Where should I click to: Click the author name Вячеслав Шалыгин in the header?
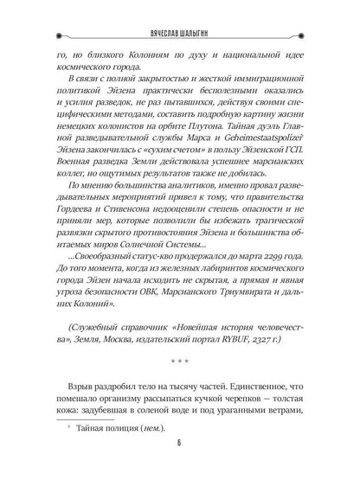coord(179,13)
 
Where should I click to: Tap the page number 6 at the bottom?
coord(180,462)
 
